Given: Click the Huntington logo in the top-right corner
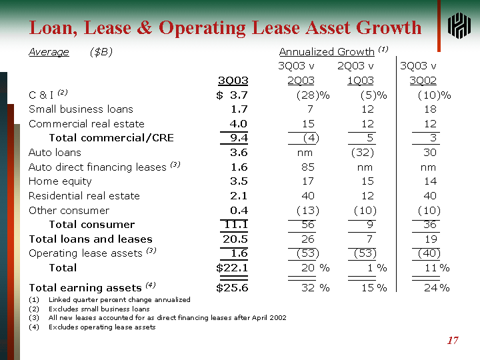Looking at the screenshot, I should point(459,27).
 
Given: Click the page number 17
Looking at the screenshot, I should point(453,341).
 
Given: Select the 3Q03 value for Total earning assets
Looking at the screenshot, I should point(232,288).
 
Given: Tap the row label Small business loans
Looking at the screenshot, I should point(81,109).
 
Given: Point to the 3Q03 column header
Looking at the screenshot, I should point(233,80).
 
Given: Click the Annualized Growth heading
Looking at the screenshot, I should point(327,51).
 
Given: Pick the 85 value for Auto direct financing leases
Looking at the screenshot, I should point(307,167).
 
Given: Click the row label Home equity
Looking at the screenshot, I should point(60,181).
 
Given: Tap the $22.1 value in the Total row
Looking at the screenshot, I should point(232,268).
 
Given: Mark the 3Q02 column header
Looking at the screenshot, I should point(424,80).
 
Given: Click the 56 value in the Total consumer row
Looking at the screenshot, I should point(307,225).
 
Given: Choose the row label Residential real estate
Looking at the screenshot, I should point(84,196).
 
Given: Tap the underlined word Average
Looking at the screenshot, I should point(49,52).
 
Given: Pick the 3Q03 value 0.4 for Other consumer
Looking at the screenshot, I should point(239,210).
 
